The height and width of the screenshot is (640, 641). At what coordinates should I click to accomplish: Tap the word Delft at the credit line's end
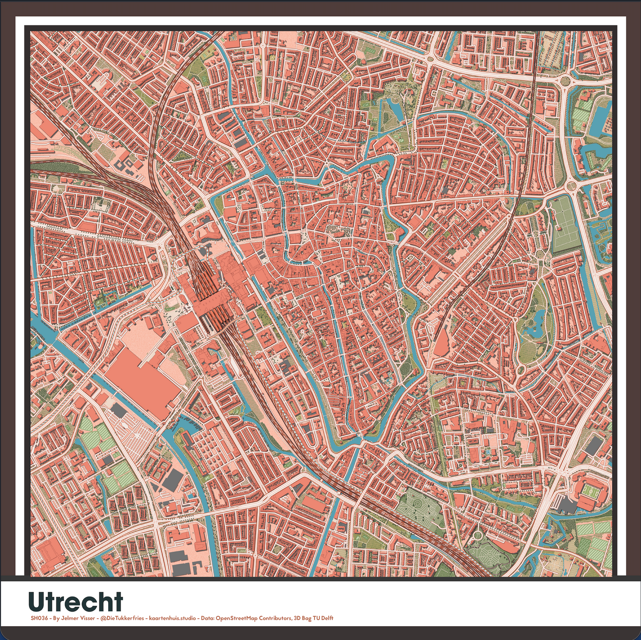pos(326,618)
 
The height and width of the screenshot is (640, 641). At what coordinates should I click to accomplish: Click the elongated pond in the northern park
pos(393,109)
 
